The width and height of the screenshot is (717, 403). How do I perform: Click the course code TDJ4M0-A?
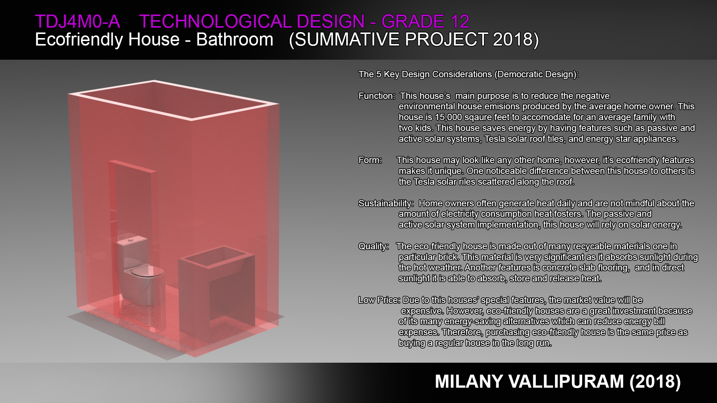tap(77, 22)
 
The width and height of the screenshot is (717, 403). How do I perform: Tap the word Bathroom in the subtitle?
tap(235, 40)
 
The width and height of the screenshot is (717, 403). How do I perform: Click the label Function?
tap(376, 96)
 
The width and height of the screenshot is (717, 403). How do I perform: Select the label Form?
tap(370, 160)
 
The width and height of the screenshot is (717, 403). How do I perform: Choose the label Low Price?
tap(379, 300)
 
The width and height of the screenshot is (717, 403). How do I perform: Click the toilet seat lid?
tap(148, 271)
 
